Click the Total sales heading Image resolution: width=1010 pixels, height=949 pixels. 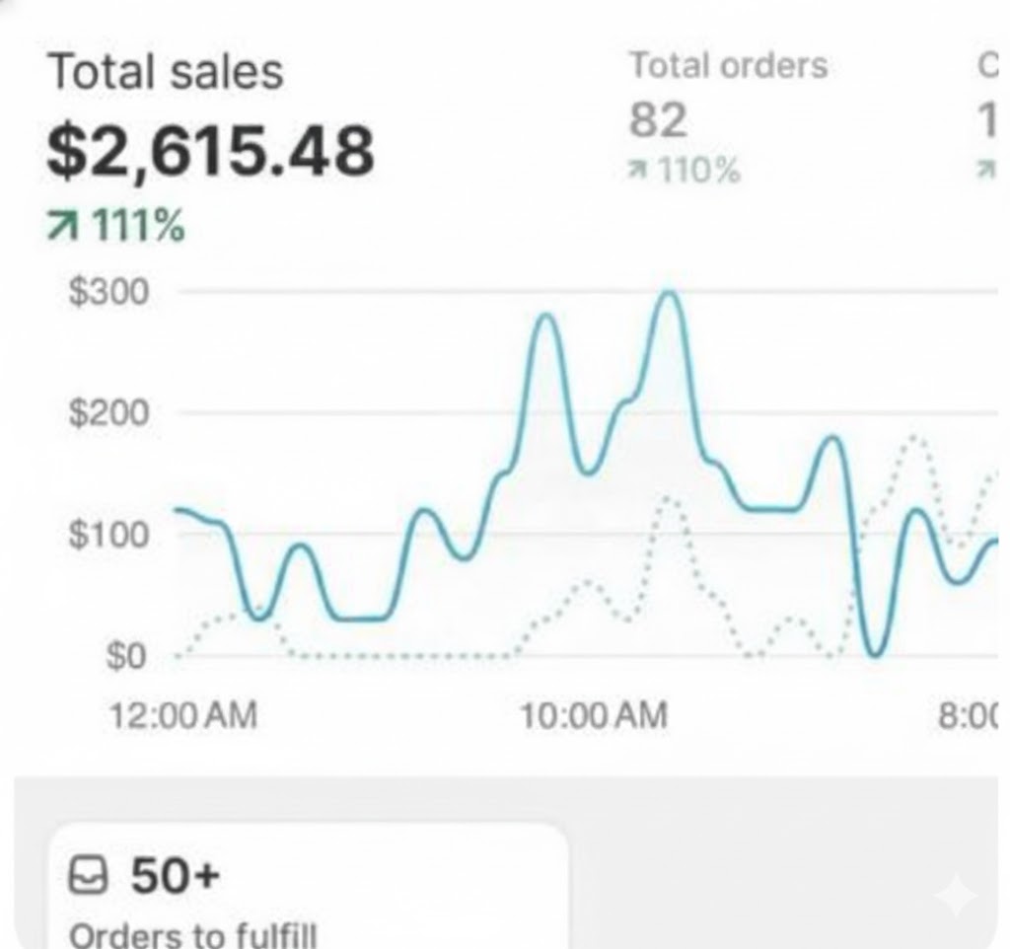tap(165, 73)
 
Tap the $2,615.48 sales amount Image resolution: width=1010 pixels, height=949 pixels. tap(210, 152)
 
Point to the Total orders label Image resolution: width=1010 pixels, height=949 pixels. tap(728, 66)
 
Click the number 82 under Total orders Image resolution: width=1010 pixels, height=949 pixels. tap(658, 120)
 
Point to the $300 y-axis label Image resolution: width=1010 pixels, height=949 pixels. tap(108, 292)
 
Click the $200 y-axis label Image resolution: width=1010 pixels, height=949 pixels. tap(108, 413)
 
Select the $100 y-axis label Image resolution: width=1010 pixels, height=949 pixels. tap(108, 535)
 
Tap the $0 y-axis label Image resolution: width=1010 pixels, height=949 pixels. tap(126, 656)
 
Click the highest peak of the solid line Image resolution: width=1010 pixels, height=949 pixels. tap(670, 293)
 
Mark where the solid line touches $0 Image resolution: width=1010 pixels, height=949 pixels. tap(874, 654)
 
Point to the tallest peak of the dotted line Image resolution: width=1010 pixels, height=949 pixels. tap(915, 436)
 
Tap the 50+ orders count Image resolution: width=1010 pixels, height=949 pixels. tap(174, 876)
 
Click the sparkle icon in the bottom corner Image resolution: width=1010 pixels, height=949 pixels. tap(955, 896)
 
